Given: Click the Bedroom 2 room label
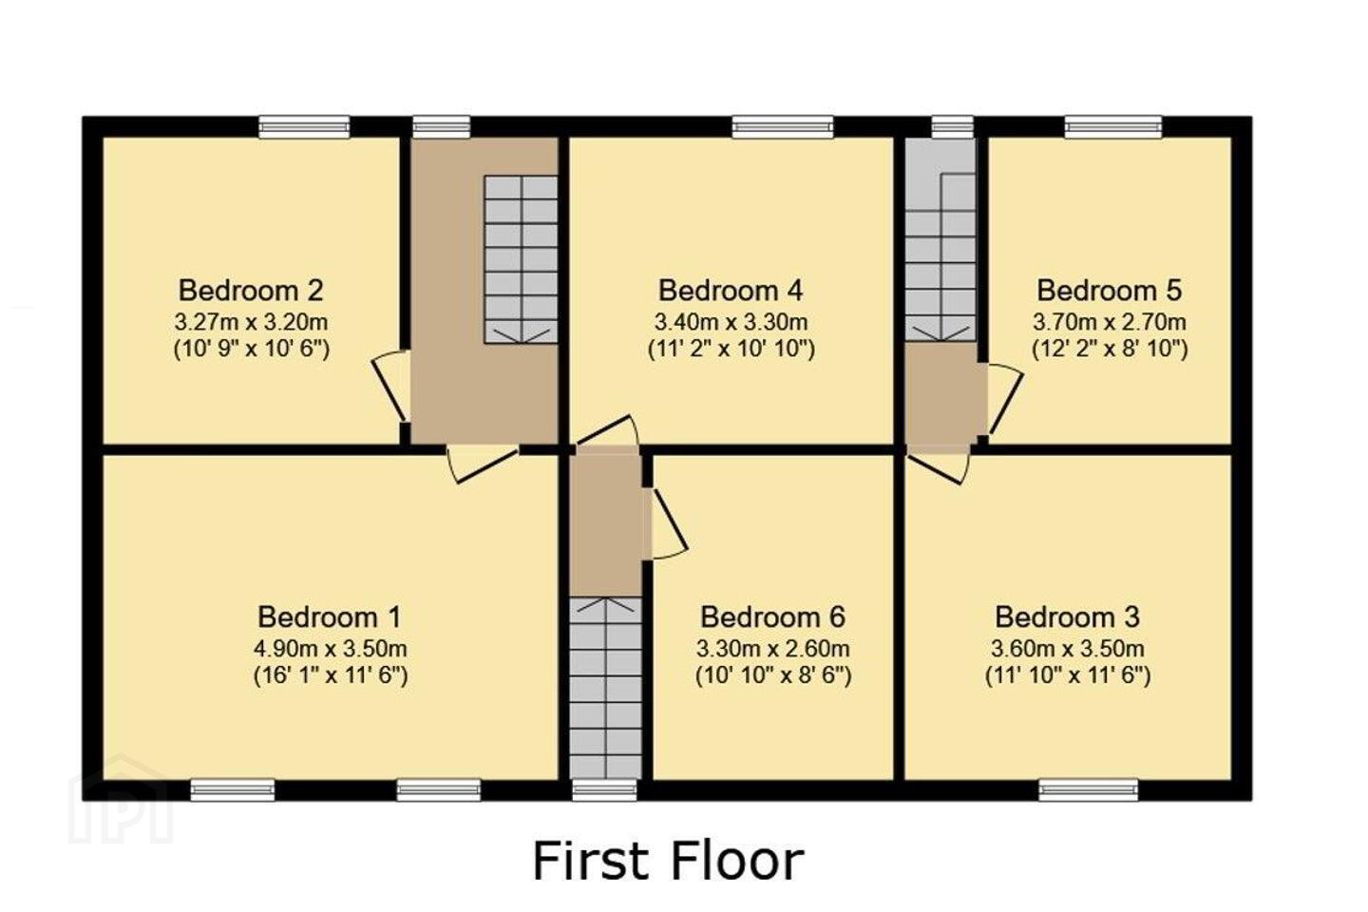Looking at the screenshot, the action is [x=251, y=290].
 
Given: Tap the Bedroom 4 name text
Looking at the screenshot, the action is [x=731, y=290].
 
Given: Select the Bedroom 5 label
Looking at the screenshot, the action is [x=1109, y=290].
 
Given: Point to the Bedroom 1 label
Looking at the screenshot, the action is [x=330, y=617].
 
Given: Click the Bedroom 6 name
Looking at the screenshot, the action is [x=772, y=617].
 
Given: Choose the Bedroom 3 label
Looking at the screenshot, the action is [x=1068, y=617].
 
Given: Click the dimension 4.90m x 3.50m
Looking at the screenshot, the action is [x=331, y=648].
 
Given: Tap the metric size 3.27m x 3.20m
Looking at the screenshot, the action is [x=251, y=321].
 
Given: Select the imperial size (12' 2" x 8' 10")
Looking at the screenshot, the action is [x=1110, y=350].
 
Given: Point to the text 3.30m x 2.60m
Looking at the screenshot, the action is [x=773, y=648].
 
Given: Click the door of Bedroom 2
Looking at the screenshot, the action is [x=390, y=386].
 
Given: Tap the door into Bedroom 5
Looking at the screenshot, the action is [x=1005, y=400].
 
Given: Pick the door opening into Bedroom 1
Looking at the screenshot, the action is [x=483, y=465].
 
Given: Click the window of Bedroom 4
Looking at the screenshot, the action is [x=783, y=127].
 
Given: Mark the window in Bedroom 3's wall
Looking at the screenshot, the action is [x=1089, y=789].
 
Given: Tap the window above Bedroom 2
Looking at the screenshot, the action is [x=304, y=127].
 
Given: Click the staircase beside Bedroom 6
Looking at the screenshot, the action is [x=606, y=688].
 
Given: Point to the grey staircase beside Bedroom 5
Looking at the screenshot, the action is [x=940, y=256].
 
